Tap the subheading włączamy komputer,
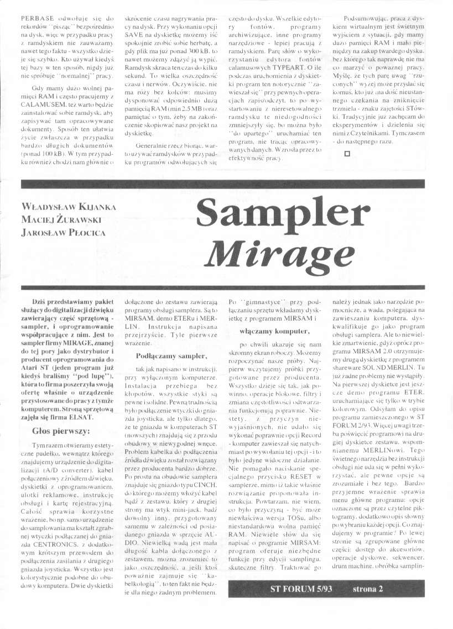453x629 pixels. coord(266,331)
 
